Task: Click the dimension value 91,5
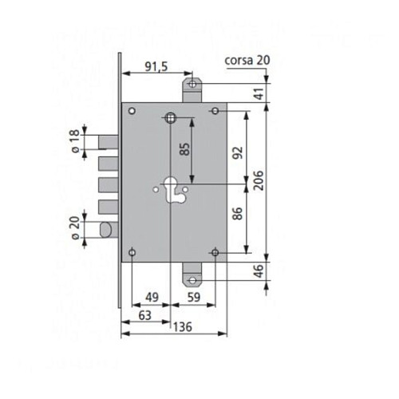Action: coord(156,66)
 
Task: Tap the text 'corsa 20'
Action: coord(247,61)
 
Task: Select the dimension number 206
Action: coord(259,180)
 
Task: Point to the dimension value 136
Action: coord(183,327)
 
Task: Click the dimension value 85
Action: coord(185,149)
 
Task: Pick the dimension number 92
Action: coord(238,152)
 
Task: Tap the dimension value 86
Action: coord(238,214)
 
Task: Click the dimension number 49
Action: coord(152,297)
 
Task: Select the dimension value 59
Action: coord(193,297)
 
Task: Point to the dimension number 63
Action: coord(145,315)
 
